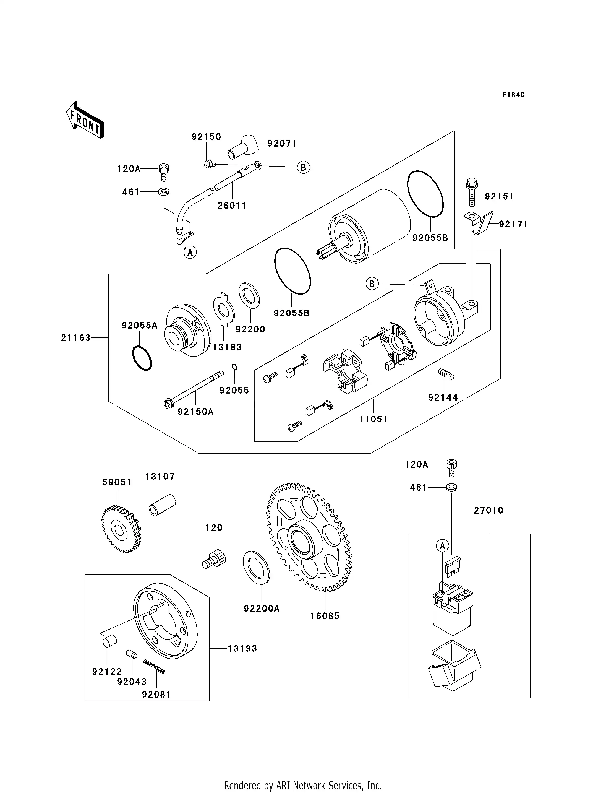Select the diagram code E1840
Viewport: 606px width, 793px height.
click(x=513, y=95)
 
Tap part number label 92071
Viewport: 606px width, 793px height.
click(x=282, y=144)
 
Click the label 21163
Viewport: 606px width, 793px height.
click(x=76, y=338)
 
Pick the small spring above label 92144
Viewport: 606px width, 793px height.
click(x=446, y=374)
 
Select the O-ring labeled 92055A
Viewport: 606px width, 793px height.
click(x=142, y=358)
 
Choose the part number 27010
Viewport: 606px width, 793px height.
click(x=489, y=510)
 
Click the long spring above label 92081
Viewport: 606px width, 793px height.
click(x=154, y=666)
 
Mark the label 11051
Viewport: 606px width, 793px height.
click(x=373, y=419)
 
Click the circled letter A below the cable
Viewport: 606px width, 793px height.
click(x=190, y=252)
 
